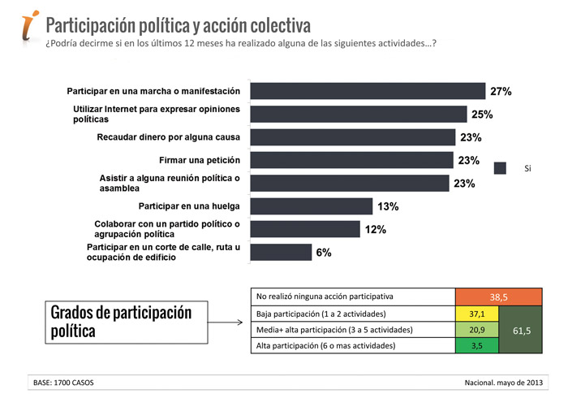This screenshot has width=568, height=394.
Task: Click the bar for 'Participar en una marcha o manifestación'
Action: click(x=368, y=91)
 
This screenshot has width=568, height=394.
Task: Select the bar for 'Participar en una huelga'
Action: click(x=311, y=206)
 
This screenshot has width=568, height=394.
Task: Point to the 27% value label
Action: click(x=500, y=92)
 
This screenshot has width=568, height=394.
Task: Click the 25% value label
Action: click(x=482, y=114)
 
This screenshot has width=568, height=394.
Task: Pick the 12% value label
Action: click(x=375, y=230)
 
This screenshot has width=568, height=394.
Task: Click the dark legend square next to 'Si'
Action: click(x=501, y=168)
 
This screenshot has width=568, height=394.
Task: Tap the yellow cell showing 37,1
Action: click(x=476, y=314)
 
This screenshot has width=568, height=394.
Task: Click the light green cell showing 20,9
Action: click(x=476, y=330)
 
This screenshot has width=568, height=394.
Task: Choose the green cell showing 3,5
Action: click(x=476, y=346)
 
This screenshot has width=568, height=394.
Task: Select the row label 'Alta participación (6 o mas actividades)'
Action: click(x=326, y=346)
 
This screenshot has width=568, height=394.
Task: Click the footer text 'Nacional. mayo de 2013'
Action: click(x=506, y=382)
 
